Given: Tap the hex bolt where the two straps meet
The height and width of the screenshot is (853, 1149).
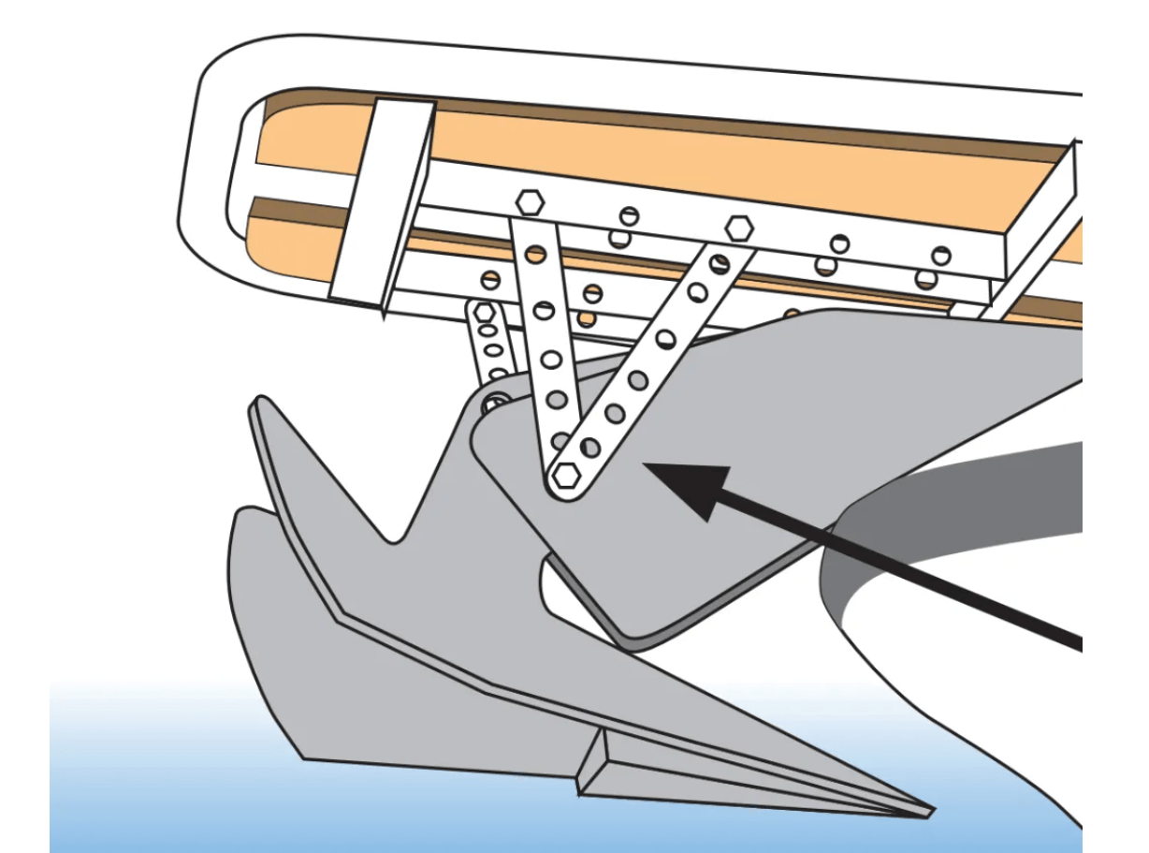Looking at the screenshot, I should tap(564, 475).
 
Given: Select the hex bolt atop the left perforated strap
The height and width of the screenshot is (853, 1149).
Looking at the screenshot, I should tap(529, 201).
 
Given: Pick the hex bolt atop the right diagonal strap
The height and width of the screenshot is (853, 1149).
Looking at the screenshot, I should tap(739, 228).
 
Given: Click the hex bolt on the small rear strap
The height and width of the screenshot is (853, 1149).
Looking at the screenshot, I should tap(485, 313).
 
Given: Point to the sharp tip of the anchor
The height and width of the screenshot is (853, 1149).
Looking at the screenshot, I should tap(926, 809).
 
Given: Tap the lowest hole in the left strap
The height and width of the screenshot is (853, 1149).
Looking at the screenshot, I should tap(560, 439).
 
